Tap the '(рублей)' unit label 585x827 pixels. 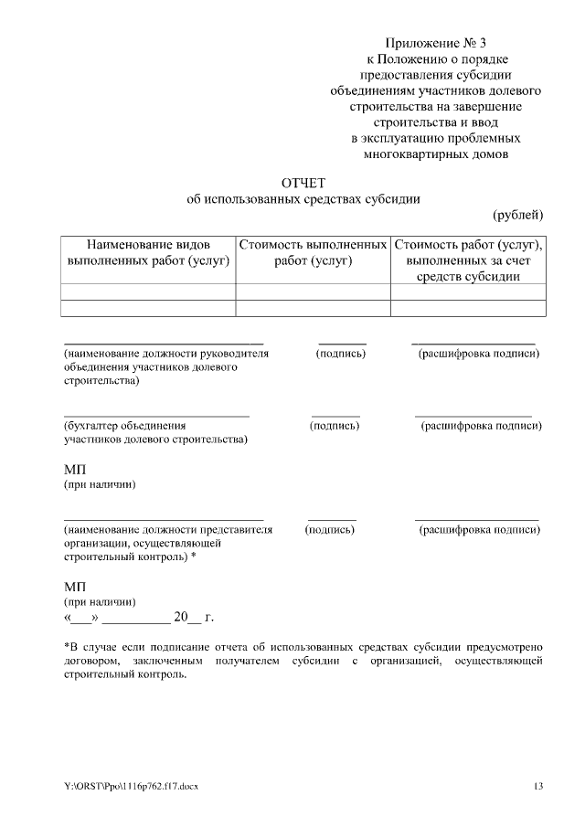[x=518, y=215]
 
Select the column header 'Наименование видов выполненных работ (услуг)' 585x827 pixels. [x=148, y=253]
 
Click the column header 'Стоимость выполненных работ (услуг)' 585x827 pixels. [x=313, y=253]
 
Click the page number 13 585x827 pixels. [x=538, y=786]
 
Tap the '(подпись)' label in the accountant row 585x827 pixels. [x=335, y=426]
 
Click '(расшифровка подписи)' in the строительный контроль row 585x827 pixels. [x=480, y=529]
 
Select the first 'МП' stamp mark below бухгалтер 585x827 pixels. [x=74, y=469]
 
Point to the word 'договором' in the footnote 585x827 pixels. [x=90, y=661]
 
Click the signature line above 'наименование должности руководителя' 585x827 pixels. [x=163, y=341]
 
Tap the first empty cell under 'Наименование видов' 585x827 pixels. [x=148, y=292]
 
